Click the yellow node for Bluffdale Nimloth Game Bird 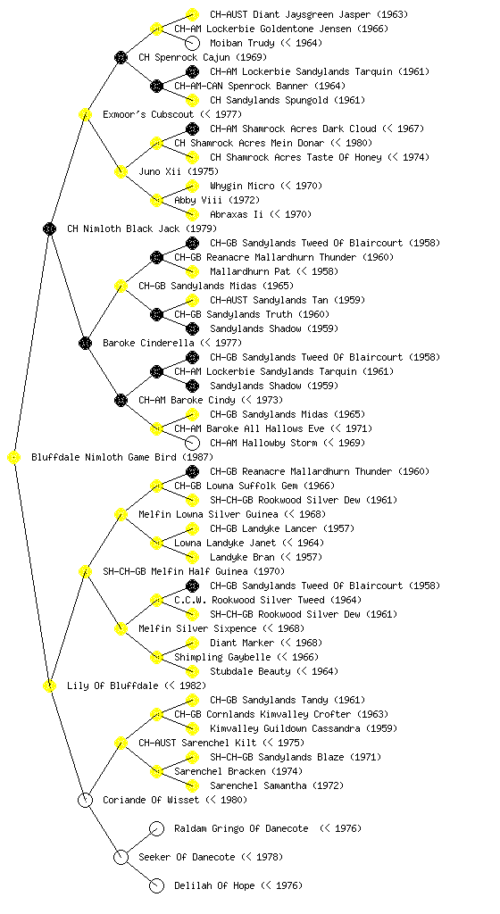pyautogui.click(x=14, y=458)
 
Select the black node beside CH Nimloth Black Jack pyautogui.click(x=49, y=229)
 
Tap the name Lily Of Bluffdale pyautogui.click(x=112, y=685)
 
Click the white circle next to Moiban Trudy pyautogui.click(x=192, y=43)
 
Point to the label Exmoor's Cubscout pyautogui.click(x=148, y=114)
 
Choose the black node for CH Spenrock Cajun pyautogui.click(x=121, y=57)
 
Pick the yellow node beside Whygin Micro pyautogui.click(x=192, y=186)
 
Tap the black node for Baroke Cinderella pyautogui.click(x=85, y=344)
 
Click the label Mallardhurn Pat pyautogui.click(x=250, y=271)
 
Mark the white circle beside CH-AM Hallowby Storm pyautogui.click(x=192, y=443)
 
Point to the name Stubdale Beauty pyautogui.click(x=250, y=671)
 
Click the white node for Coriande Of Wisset pyautogui.click(x=85, y=801)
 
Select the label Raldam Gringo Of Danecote pyautogui.click(x=241, y=828)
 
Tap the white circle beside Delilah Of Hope pyautogui.click(x=156, y=886)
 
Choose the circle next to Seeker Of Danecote pyautogui.click(x=121, y=858)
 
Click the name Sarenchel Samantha pyautogui.click(x=258, y=785)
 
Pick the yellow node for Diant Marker pyautogui.click(x=192, y=643)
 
